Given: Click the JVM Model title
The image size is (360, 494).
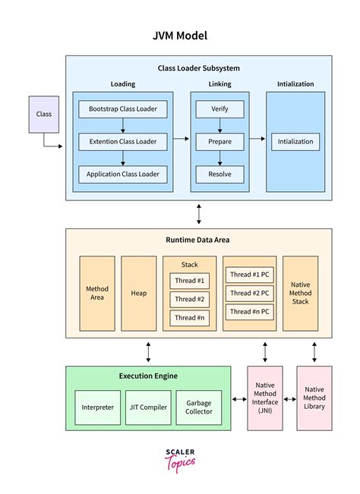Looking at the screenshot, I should pyautogui.click(x=180, y=36).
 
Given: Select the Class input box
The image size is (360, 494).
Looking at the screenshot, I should pyautogui.click(x=44, y=114).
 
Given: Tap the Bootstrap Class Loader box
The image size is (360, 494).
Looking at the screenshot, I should pyautogui.click(x=122, y=109).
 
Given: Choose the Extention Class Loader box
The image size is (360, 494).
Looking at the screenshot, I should pyautogui.click(x=122, y=141).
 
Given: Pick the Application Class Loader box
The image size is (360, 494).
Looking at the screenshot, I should pyautogui.click(x=122, y=174).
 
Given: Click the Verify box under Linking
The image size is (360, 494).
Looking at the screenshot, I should pyautogui.click(x=219, y=109).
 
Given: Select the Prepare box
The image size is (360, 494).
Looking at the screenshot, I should pyautogui.click(x=219, y=141).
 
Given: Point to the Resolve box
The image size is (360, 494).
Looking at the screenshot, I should pyautogui.click(x=219, y=174).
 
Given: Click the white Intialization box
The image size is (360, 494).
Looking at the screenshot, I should pyautogui.click(x=295, y=141).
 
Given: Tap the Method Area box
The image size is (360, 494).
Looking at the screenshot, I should pyautogui.click(x=97, y=293).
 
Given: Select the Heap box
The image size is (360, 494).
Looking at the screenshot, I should pyautogui.click(x=138, y=293).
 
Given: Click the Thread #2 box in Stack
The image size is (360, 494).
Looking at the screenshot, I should pyautogui.click(x=190, y=298).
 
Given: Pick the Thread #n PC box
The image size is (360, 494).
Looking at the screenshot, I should pyautogui.click(x=250, y=312).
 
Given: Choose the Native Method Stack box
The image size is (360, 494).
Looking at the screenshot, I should pyautogui.click(x=300, y=293).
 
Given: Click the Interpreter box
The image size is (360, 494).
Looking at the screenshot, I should pyautogui.click(x=98, y=407).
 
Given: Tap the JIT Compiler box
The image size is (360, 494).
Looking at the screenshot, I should pyautogui.click(x=148, y=407).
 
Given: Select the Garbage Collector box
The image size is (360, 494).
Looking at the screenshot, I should pyautogui.click(x=198, y=407).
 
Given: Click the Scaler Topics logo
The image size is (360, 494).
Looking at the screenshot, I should pyautogui.click(x=180, y=459).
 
